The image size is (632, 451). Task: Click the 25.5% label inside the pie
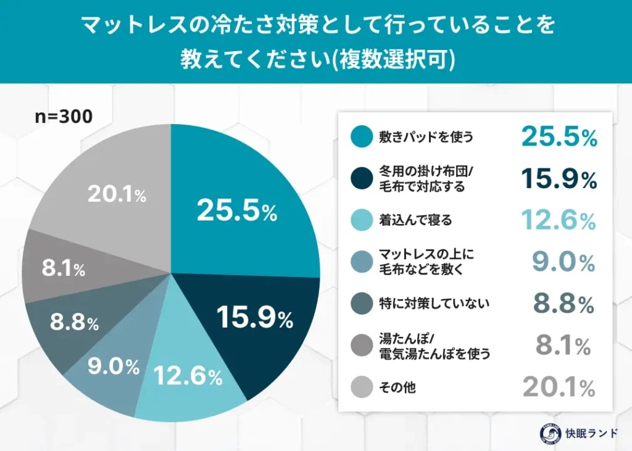point(237,212)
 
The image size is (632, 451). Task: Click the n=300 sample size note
point(63,117)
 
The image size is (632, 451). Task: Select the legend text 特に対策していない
point(434,303)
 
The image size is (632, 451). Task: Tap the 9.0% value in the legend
point(563,262)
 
